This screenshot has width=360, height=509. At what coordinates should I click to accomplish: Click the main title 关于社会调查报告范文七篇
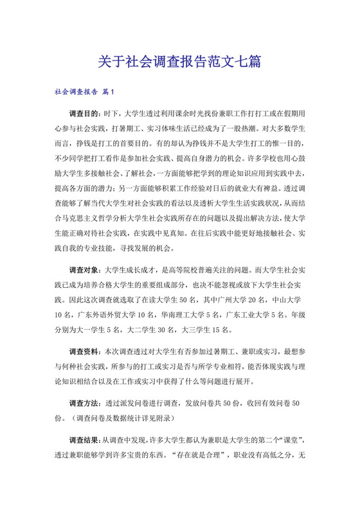(179, 62)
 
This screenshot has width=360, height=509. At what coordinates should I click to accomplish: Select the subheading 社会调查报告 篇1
(84, 92)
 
